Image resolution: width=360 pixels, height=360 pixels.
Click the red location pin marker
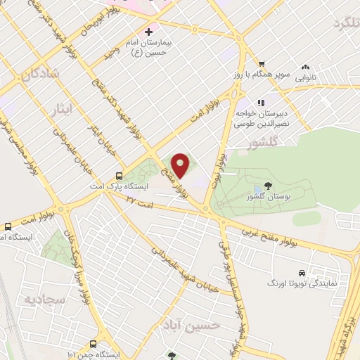(181, 165)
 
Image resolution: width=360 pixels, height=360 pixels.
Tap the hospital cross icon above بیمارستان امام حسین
(148, 32)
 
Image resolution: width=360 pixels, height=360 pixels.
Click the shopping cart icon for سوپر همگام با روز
(261, 63)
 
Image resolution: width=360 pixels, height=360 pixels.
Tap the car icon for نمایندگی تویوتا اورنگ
(301, 272)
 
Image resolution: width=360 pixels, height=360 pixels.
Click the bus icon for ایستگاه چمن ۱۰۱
(94, 344)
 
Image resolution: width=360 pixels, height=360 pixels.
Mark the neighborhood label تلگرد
(332, 25)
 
